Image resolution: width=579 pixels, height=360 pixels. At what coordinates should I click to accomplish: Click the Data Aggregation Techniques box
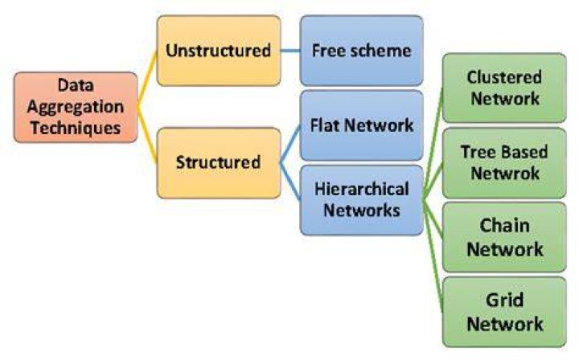click(76, 107)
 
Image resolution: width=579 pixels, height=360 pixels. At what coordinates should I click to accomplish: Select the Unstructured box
click(219, 51)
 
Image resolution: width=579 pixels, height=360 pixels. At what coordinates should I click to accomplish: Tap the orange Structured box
click(219, 162)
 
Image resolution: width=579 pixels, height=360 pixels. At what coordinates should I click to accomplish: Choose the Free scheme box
click(362, 51)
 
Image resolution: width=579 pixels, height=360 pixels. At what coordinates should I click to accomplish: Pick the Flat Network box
click(362, 125)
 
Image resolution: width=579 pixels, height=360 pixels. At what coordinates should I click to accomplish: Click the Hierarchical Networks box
click(362, 200)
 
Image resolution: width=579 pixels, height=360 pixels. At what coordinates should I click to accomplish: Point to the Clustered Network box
click(504, 88)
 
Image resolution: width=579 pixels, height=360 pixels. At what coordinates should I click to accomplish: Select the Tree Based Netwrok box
click(504, 162)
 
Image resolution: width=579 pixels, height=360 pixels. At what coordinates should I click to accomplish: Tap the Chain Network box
click(504, 237)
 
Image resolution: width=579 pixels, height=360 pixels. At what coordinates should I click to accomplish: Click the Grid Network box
click(504, 312)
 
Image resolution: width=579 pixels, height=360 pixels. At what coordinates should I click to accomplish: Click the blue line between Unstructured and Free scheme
click(290, 51)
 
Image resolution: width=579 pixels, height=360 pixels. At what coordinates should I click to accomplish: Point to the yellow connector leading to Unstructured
click(147, 79)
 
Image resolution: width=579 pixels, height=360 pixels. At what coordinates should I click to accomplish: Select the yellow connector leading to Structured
click(147, 135)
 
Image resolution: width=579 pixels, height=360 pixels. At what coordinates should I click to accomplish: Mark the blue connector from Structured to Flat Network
click(290, 144)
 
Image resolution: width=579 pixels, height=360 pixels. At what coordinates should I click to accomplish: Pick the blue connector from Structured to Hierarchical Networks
click(290, 181)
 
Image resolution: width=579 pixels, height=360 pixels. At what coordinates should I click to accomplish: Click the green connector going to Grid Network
click(433, 256)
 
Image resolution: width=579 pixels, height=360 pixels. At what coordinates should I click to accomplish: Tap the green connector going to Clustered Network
click(433, 144)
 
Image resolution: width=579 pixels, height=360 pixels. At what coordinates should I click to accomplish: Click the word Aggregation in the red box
click(76, 108)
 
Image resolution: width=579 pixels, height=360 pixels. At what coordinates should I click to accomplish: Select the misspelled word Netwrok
click(505, 174)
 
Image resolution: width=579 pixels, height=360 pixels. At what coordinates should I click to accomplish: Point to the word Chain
click(504, 225)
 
